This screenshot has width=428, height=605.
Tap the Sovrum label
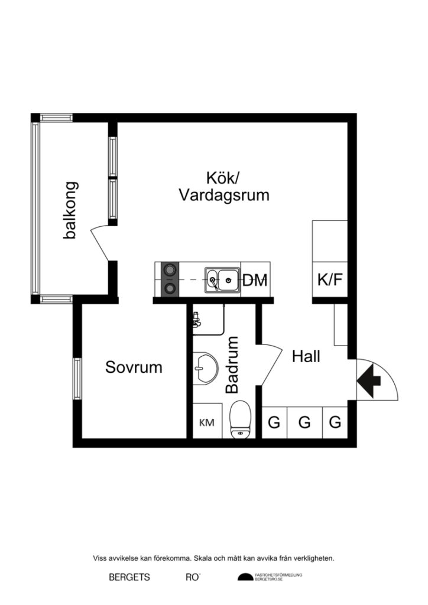pyautogui.click(x=134, y=367)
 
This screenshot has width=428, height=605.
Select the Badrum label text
pyautogui.click(x=232, y=365)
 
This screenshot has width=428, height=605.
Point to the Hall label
pyautogui.click(x=306, y=356)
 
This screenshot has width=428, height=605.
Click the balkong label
pyautogui.click(x=70, y=210)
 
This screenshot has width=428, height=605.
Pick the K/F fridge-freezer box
pyautogui.click(x=330, y=279)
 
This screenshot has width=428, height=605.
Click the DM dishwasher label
pyautogui.click(x=255, y=280)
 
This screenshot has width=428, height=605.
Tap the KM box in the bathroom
pyautogui.click(x=207, y=422)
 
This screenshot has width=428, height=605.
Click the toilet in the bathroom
pyautogui.click(x=241, y=419)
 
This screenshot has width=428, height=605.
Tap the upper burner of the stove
pyautogui.click(x=170, y=271)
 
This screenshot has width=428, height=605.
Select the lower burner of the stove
pyautogui.click(x=170, y=288)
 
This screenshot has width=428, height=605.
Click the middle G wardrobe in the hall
pyautogui.click(x=304, y=422)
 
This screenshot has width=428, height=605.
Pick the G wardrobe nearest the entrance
pyautogui.click(x=335, y=422)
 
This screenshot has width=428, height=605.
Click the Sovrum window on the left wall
pyautogui.click(x=77, y=378)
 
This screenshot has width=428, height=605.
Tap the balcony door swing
pyautogui.click(x=100, y=242)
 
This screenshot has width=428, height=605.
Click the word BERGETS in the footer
pyautogui.click(x=129, y=577)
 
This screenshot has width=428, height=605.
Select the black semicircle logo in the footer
pyautogui.click(x=245, y=577)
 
